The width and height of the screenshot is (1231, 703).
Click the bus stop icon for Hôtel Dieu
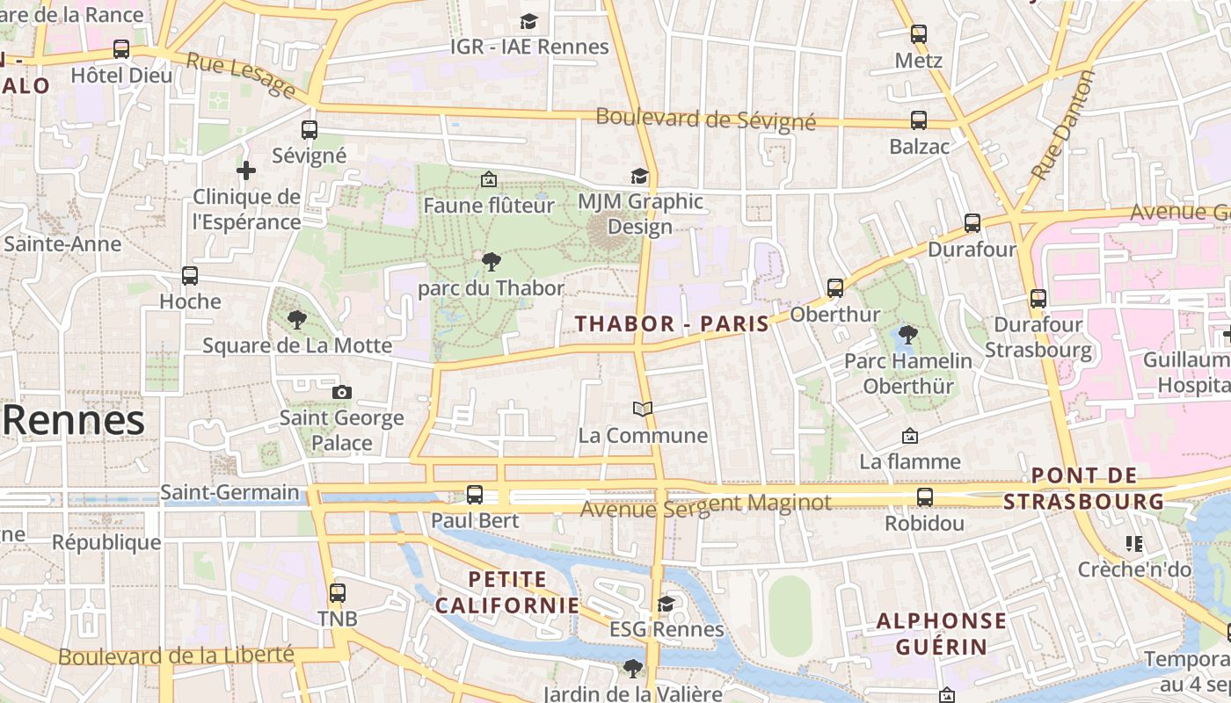coord(121,49)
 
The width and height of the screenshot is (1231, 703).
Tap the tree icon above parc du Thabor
coord(492,261)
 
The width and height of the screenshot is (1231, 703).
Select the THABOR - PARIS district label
coord(672,323)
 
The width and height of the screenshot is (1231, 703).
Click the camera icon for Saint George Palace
coord(342,392)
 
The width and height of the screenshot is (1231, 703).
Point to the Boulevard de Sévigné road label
coord(705,120)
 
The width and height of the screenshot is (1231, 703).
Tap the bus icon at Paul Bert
coord(475,494)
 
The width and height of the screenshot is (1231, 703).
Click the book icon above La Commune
coord(643,409)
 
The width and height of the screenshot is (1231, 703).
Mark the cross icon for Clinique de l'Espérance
coord(246,170)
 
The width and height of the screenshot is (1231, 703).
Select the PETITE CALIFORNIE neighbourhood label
coord(507,592)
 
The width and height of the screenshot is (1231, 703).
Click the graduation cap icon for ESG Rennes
coord(666,604)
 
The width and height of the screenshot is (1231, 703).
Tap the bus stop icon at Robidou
coord(924,497)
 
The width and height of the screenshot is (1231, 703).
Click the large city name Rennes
coord(74,421)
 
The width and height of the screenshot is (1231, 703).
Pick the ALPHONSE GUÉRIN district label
coord(941,634)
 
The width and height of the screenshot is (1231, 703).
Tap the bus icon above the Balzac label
coord(919,120)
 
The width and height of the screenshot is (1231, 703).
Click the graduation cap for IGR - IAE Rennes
coord(528,21)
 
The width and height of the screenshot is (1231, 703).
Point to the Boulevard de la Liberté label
coord(176,656)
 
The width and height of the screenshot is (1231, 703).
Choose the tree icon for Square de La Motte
coord(297,319)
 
